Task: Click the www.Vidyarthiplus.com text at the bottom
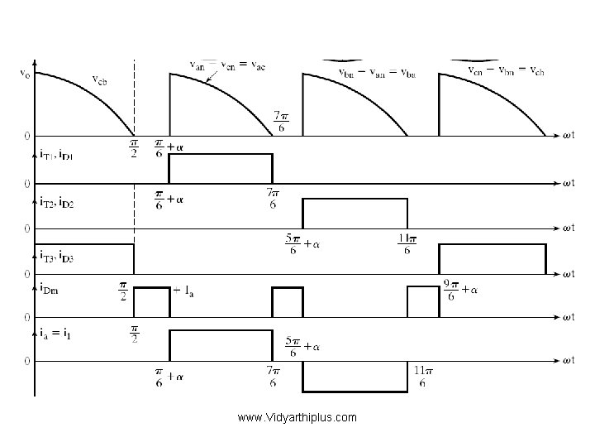coord(297,417)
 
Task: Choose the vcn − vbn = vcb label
coord(506,70)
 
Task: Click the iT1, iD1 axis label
coord(56,154)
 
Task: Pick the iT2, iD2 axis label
coord(56,200)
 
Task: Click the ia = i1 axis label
coord(55,333)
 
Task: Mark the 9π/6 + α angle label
coord(462,291)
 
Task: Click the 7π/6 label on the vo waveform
coord(281,120)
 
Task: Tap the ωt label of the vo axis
coord(569,136)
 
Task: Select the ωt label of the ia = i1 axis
coord(569,361)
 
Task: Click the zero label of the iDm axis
coord(26,317)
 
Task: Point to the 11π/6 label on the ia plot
coord(421,377)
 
